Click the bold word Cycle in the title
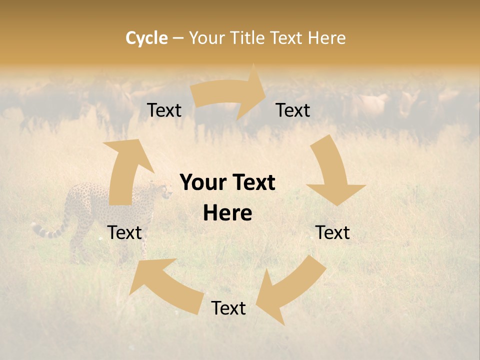point(146,38)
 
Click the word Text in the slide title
point(287,38)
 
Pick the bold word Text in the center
point(252,183)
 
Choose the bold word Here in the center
point(227,213)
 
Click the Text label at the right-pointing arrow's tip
point(293,110)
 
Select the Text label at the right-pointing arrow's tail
point(164,110)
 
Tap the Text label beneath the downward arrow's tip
point(332,232)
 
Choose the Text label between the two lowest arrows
point(228,308)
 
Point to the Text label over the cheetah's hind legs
point(124,232)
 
